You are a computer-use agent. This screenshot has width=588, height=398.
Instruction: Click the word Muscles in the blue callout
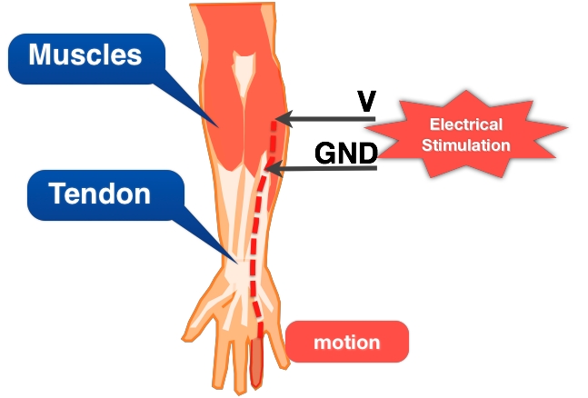85,55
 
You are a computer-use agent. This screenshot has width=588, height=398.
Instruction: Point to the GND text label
345,154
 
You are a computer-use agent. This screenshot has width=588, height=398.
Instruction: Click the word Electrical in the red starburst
465,126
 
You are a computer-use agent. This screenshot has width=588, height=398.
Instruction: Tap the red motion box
346,343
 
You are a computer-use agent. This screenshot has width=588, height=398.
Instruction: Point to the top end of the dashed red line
274,124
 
